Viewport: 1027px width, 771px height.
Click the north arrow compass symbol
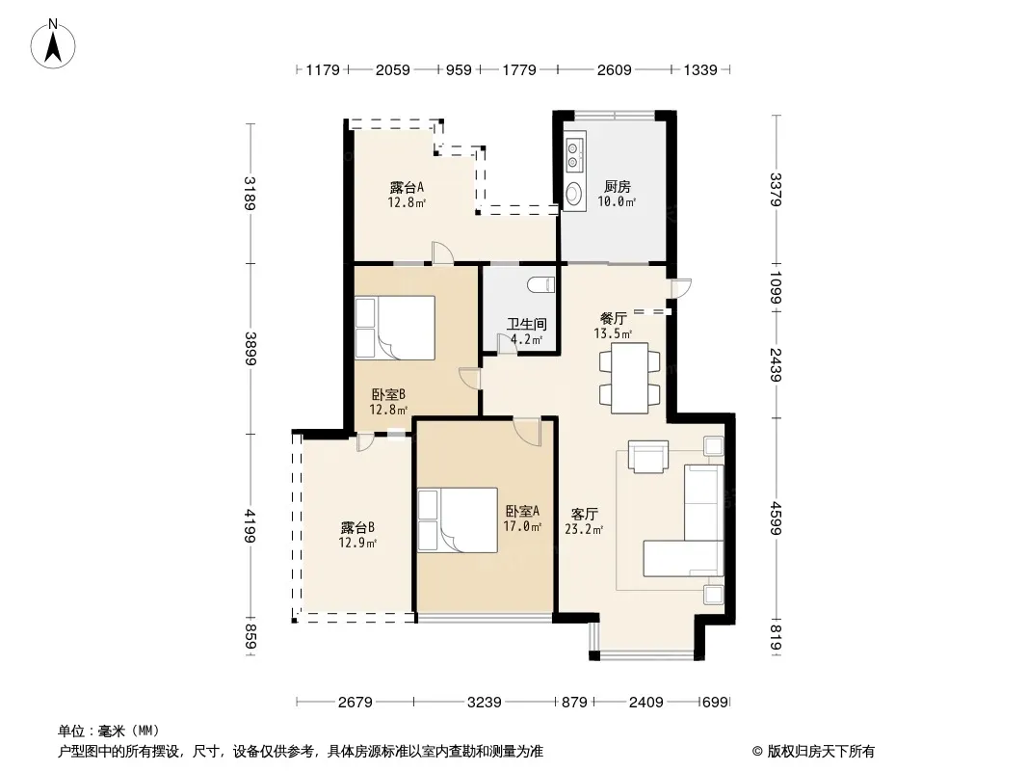click(53, 43)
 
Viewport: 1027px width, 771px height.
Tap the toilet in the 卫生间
click(541, 284)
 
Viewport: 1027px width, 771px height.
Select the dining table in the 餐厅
click(629, 378)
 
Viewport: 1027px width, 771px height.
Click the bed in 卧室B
click(395, 328)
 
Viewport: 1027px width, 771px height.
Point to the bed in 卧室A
click(458, 520)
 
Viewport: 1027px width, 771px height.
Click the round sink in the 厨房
click(574, 193)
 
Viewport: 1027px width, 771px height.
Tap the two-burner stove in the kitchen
click(574, 153)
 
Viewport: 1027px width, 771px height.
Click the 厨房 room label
click(618, 187)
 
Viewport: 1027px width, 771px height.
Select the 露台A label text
click(407, 187)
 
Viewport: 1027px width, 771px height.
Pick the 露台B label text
click(357, 527)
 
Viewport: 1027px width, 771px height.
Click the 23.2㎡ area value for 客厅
click(584, 529)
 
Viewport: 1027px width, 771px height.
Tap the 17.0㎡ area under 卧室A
click(522, 526)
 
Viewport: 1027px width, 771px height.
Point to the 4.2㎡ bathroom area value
click(527, 339)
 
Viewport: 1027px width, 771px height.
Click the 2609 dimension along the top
click(615, 69)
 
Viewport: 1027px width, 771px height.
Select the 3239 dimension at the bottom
click(485, 703)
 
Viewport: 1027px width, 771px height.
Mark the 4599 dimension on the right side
click(777, 518)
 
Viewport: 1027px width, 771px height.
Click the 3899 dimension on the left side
click(250, 349)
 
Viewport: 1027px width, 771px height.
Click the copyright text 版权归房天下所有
click(821, 752)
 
